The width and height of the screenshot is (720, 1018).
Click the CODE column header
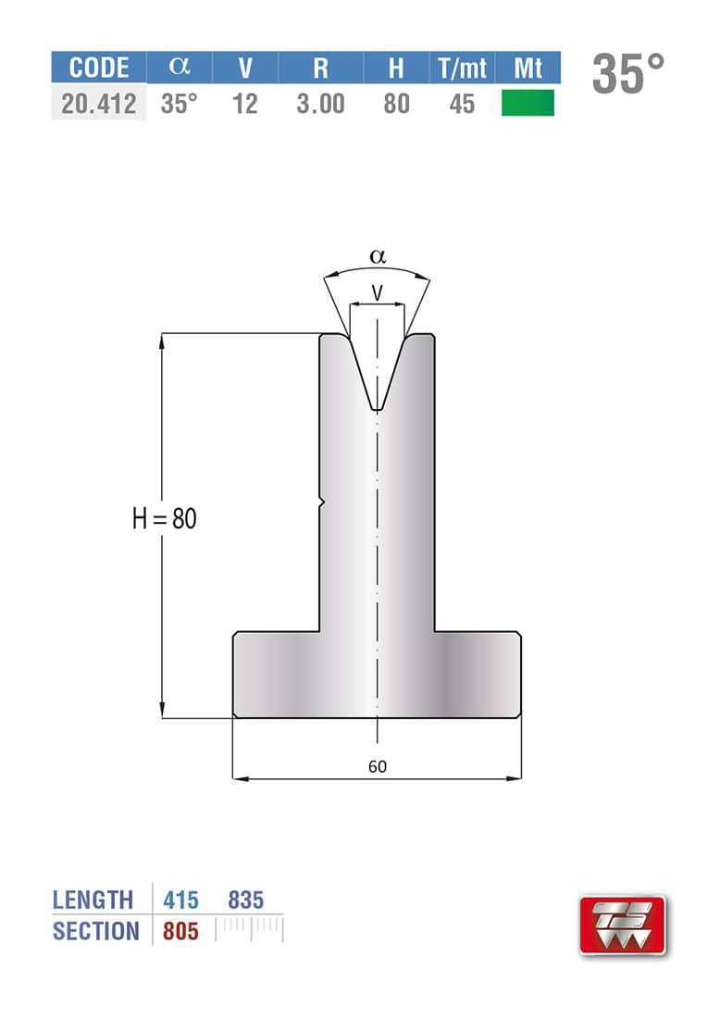point(99,68)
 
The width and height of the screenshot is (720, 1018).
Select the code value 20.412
point(99,104)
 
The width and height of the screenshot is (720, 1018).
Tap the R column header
point(321,68)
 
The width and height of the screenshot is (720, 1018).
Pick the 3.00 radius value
point(321,104)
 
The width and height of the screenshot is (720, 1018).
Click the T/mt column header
point(462,68)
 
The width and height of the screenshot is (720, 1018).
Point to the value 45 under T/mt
point(462,104)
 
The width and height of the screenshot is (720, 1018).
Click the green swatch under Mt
point(528,104)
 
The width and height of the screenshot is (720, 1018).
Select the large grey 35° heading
point(627,73)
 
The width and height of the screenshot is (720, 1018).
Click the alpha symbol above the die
point(378,256)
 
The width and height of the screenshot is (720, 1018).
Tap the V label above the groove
point(378,292)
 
